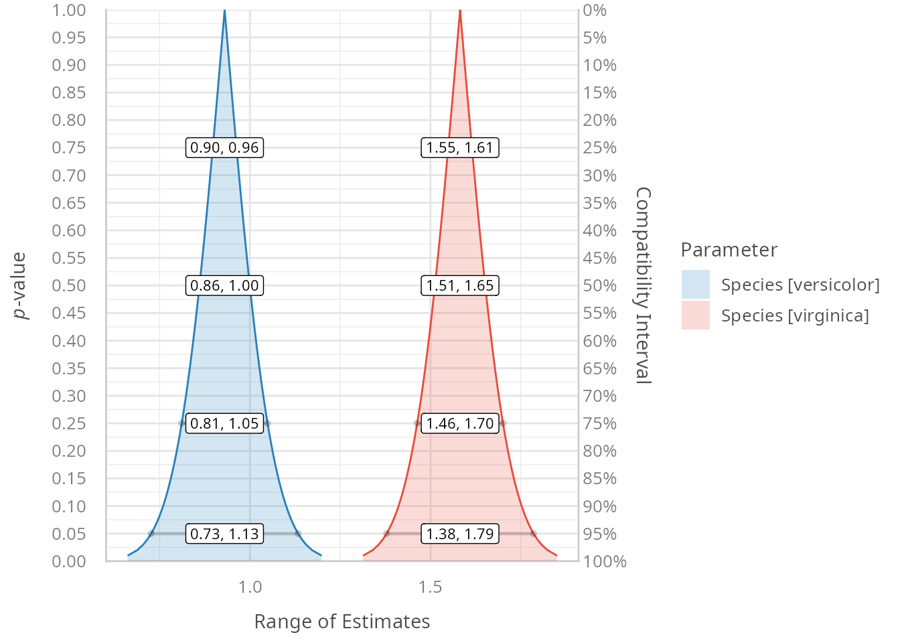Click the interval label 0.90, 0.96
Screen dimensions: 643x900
[x=224, y=147]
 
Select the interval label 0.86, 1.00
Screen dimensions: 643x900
[x=224, y=285]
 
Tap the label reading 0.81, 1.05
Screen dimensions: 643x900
[x=224, y=423]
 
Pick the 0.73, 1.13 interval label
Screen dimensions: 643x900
[x=224, y=534]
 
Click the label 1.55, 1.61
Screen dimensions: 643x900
[x=460, y=147]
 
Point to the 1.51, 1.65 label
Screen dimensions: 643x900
[x=460, y=285]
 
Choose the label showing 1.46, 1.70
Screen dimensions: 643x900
[x=460, y=423]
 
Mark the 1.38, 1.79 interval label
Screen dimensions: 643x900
[x=460, y=534]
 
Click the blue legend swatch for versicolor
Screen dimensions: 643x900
[x=695, y=285]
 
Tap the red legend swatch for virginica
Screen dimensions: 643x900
[x=695, y=315]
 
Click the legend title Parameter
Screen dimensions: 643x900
[x=729, y=250]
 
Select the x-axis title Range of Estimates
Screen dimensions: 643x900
[x=342, y=622]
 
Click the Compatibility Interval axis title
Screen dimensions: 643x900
[x=643, y=285]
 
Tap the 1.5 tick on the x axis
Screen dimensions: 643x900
[x=430, y=587]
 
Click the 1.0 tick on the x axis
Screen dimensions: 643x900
[x=250, y=587]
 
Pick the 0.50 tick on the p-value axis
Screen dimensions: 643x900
[x=69, y=285]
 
